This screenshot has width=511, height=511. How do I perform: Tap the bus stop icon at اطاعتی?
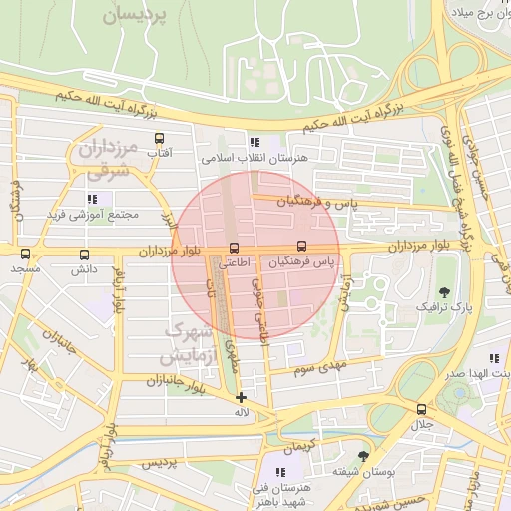point(235,248)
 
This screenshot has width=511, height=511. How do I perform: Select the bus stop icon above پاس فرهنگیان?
point(301,247)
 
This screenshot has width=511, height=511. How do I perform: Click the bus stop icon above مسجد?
point(25,254)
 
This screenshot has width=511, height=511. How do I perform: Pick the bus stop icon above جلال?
point(420,409)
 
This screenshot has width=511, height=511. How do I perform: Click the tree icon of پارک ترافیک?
point(443,292)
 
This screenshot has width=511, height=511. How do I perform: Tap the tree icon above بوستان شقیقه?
point(362,455)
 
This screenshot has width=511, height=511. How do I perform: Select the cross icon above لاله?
point(241,397)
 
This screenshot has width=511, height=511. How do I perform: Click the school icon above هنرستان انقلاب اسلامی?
point(255,142)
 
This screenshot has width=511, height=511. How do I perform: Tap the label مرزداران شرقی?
point(105,161)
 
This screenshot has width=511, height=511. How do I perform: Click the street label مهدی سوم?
point(319,369)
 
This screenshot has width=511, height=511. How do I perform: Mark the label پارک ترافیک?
point(439,308)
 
